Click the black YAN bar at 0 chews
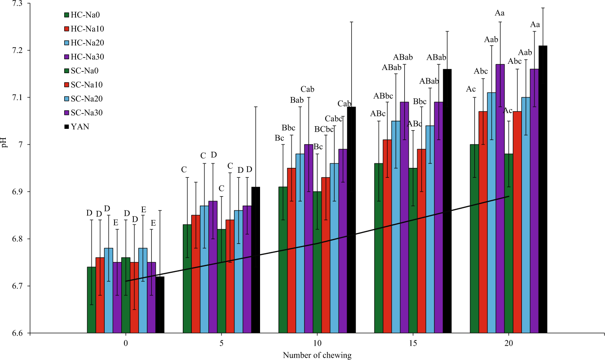[160, 305]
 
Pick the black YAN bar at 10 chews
[351, 220]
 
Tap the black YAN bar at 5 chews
[256, 260]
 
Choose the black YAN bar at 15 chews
[447, 201]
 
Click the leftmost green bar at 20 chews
[474, 238]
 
